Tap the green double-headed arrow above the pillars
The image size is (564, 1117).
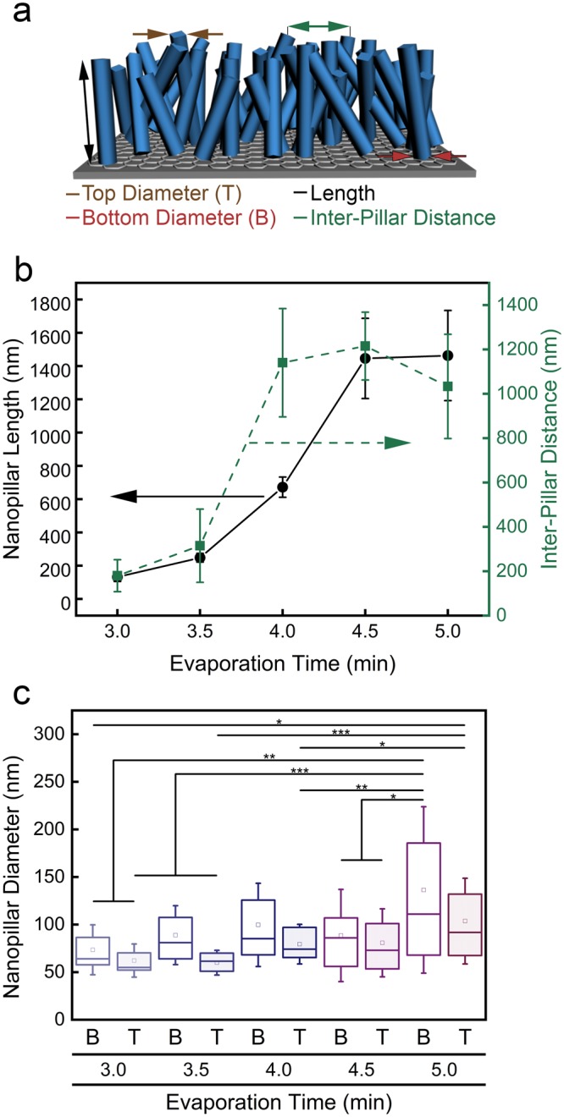point(318,27)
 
